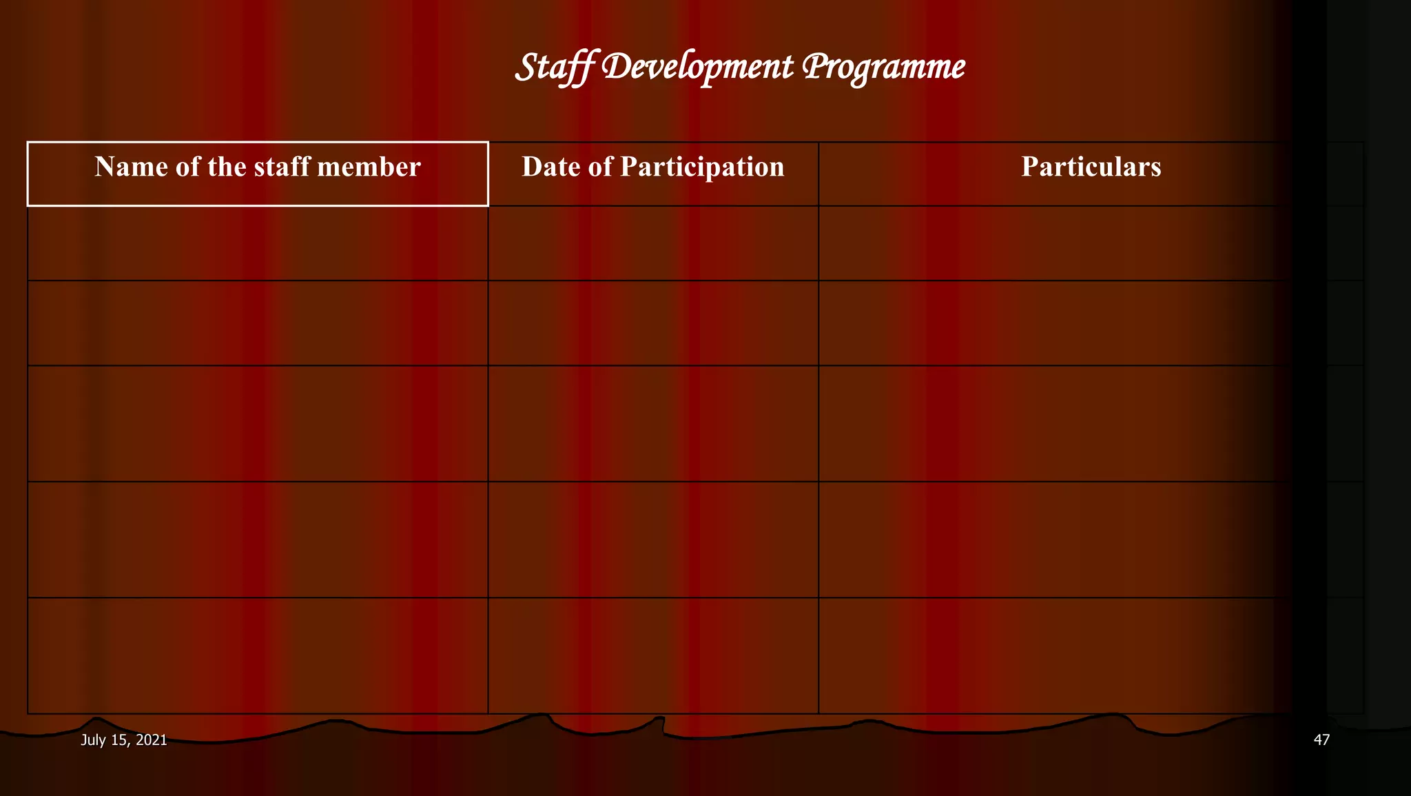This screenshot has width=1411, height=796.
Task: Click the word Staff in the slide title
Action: coord(555,68)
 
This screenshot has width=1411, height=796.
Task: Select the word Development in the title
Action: coord(697,68)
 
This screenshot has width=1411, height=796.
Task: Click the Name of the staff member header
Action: coord(258,167)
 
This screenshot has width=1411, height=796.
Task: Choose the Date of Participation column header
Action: coord(652,167)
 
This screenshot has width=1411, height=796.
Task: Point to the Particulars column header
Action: coord(1091,167)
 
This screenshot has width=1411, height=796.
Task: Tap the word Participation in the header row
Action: coord(702,167)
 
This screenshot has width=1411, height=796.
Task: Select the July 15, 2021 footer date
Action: coord(124,740)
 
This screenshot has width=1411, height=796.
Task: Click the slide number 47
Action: coord(1321,740)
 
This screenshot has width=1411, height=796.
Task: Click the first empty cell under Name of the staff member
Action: coord(258,243)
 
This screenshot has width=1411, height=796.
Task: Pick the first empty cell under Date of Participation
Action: coord(652,243)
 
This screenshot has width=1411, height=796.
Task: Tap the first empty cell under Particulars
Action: coord(1091,243)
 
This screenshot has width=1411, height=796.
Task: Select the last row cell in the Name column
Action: coord(258,655)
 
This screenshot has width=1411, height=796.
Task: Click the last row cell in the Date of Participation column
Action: coord(652,655)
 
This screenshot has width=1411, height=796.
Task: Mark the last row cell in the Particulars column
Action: coord(1091,655)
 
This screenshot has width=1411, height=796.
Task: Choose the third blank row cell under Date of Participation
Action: coord(652,423)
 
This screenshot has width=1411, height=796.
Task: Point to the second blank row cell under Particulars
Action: coord(1091,323)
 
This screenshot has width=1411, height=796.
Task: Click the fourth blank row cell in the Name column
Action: coord(258,539)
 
